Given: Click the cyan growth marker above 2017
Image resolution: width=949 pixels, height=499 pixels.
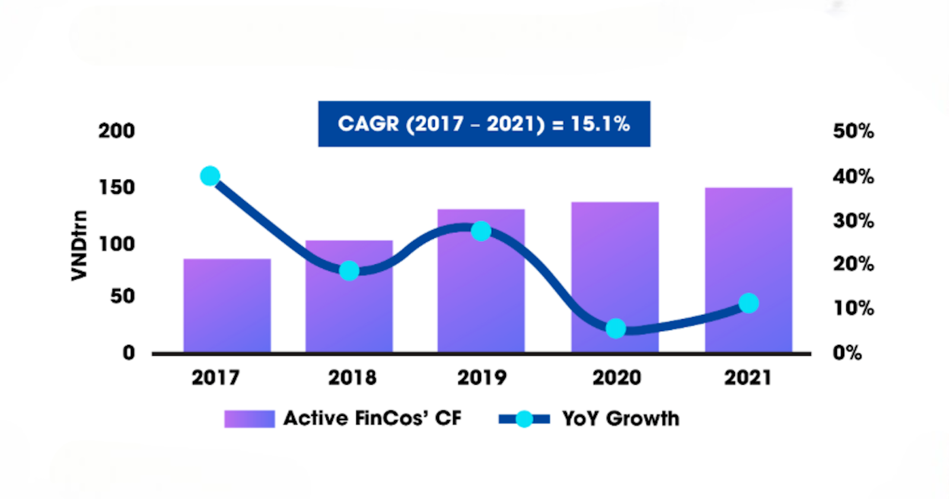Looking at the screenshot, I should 210,176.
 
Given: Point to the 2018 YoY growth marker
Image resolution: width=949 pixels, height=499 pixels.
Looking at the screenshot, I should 349,271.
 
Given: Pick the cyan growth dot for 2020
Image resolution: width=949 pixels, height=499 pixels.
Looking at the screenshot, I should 616,328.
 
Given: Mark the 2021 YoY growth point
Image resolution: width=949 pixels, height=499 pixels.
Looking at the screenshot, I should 749,303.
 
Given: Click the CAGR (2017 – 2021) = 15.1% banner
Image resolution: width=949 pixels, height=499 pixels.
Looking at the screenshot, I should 484,124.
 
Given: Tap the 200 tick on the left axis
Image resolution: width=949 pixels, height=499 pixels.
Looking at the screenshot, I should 117,131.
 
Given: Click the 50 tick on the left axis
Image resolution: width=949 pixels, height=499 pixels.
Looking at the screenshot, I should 123,296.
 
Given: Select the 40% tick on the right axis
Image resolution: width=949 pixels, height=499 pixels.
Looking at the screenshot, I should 853,176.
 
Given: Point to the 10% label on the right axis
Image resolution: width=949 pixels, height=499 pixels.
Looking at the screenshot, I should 853,308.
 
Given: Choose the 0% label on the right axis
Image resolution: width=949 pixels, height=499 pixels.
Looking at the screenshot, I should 847,353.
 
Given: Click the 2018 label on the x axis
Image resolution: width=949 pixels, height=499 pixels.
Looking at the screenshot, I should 352,378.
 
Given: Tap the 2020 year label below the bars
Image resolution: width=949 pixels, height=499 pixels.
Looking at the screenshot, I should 617,378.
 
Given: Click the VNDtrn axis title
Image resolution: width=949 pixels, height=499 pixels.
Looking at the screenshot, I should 79,245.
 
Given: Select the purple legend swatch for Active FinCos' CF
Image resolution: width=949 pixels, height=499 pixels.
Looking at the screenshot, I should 249,419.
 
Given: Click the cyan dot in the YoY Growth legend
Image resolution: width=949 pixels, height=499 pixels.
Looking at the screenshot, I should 524,419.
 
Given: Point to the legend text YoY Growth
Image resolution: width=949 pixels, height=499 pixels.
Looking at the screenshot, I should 620,419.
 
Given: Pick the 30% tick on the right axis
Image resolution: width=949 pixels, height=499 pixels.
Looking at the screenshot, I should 853,221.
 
